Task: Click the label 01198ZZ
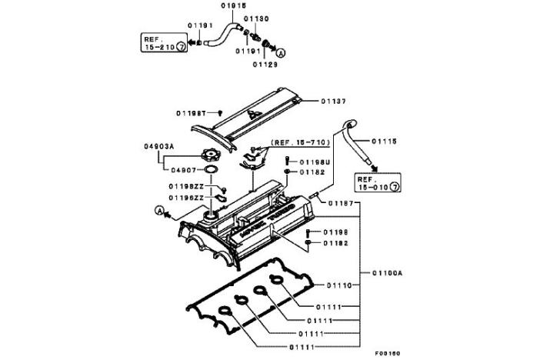coord(185,186)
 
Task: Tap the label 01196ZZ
coord(185,198)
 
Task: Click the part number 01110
coord(339,285)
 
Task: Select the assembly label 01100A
coord(388,272)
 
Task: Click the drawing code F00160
coord(387,353)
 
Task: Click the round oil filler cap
coord(209,155)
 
